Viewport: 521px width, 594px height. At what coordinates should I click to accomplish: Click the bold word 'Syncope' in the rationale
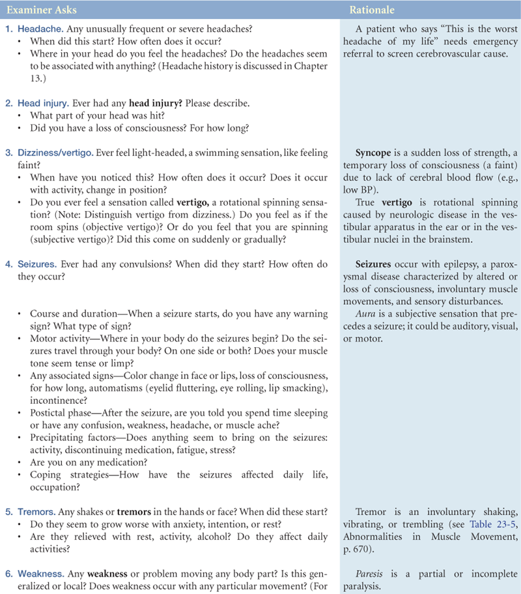(x=374, y=152)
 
